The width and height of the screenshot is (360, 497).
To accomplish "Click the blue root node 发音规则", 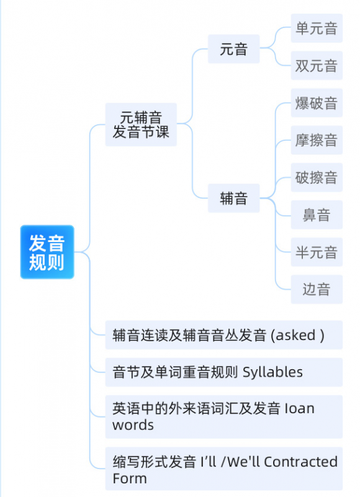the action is [x=47, y=252].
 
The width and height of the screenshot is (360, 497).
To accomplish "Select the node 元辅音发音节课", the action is [x=141, y=125].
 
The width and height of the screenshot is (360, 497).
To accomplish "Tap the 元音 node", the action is [x=234, y=49].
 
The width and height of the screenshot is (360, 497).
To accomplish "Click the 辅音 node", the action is [x=234, y=198].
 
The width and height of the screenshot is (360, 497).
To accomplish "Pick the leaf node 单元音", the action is [x=317, y=28].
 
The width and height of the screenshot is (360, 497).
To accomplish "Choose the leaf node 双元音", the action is [x=317, y=66].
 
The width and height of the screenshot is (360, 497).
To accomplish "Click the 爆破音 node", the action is [x=317, y=103].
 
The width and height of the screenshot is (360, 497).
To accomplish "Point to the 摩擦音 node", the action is [x=317, y=140].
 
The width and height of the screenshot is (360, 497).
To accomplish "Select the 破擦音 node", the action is [x=317, y=177].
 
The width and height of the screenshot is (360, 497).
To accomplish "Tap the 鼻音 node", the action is [x=317, y=215].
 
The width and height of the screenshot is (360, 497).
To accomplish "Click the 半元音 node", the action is [x=317, y=252].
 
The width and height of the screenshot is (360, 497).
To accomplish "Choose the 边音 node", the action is [x=317, y=289].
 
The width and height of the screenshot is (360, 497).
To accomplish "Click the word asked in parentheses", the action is [x=295, y=335].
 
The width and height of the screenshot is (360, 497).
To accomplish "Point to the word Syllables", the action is [x=272, y=372].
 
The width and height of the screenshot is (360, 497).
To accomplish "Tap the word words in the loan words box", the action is [x=133, y=425].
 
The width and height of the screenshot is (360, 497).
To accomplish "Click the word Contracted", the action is [x=300, y=462].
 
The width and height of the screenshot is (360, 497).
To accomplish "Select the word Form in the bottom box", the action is [x=130, y=478].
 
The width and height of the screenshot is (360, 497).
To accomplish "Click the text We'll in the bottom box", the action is [x=243, y=462].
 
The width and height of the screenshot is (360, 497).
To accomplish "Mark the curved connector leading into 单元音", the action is [x=276, y=38].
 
